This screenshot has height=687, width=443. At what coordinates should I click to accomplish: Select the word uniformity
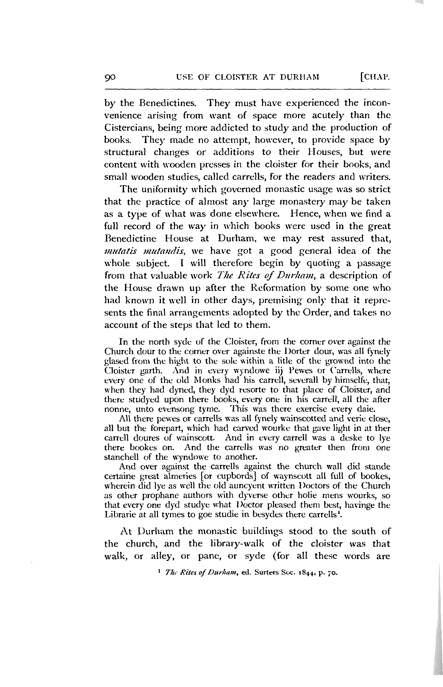pyautogui.click(x=163, y=189)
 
